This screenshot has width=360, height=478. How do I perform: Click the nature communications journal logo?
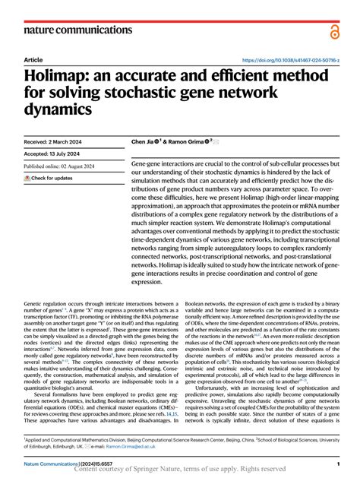(x=77, y=30)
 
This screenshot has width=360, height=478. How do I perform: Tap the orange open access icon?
(x=334, y=30)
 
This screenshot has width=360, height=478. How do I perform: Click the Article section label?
(x=33, y=59)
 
